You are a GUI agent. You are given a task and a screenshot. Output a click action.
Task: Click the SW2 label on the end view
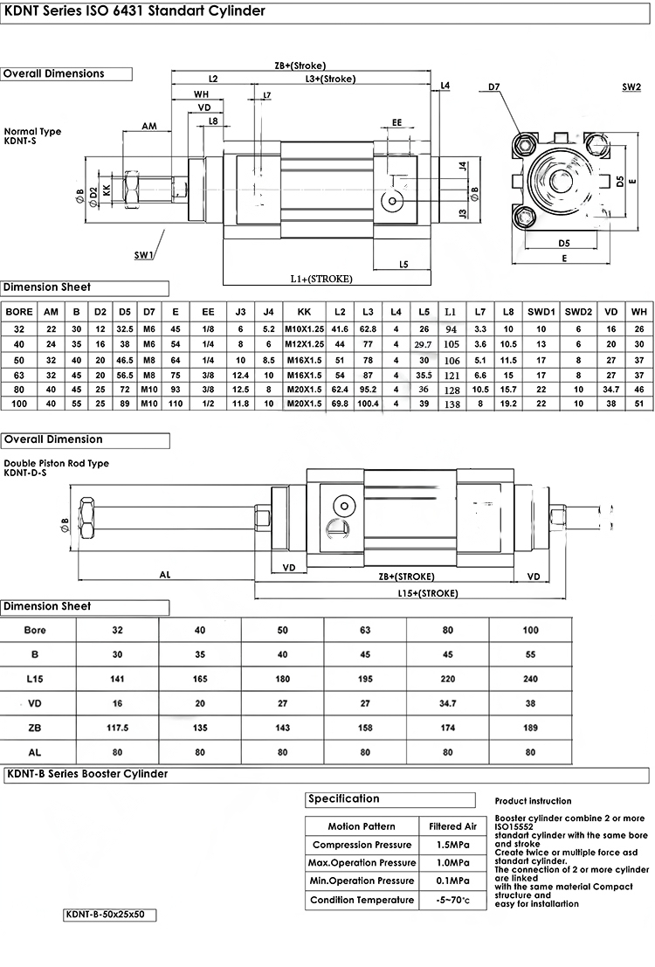coord(631,87)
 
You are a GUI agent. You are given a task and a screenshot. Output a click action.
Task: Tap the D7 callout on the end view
coord(493,87)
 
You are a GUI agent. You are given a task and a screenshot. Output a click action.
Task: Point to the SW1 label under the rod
coord(144,255)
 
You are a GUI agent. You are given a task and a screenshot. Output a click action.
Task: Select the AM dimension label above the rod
coord(149,127)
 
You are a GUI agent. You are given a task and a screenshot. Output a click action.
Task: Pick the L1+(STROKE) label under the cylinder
coord(321,279)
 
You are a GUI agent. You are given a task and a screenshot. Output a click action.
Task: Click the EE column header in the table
coord(208,311)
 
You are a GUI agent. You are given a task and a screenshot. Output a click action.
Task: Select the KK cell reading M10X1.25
coord(304,328)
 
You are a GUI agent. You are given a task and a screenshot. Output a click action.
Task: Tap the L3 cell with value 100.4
coord(368,403)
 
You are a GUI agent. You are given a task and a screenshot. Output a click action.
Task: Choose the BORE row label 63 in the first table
coord(19,373)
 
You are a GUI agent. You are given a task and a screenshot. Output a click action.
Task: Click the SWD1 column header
coord(541,311)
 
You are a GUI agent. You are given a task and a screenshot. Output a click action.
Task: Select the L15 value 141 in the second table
coord(118,679)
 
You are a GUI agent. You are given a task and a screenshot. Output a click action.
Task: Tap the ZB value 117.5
coord(118,726)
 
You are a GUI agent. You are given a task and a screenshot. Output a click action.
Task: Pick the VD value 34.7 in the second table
coord(448,702)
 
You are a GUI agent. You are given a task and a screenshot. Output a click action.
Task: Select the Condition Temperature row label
coord(362,900)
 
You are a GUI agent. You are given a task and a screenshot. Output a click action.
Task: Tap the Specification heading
coord(345,798)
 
